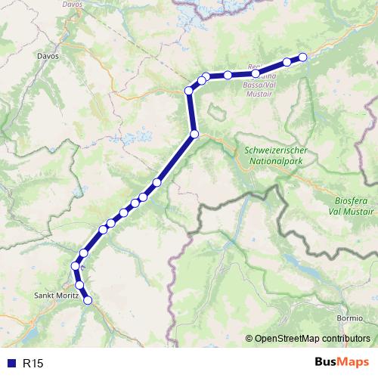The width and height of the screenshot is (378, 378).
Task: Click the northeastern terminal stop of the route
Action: click(303, 57)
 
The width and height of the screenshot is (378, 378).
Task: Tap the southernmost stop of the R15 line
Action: click(88, 300)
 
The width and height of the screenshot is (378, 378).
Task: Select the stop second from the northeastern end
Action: click(287, 62)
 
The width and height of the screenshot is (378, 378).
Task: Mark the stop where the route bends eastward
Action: click(189, 91)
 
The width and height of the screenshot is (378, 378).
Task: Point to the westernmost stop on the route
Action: click(75, 266)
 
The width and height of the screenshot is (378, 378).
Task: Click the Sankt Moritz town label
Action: click(57, 296)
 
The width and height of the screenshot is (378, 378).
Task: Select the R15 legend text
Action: click(33, 364)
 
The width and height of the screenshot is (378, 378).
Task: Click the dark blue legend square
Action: click(13, 364)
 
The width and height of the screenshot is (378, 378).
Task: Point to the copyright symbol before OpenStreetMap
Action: click(250, 338)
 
